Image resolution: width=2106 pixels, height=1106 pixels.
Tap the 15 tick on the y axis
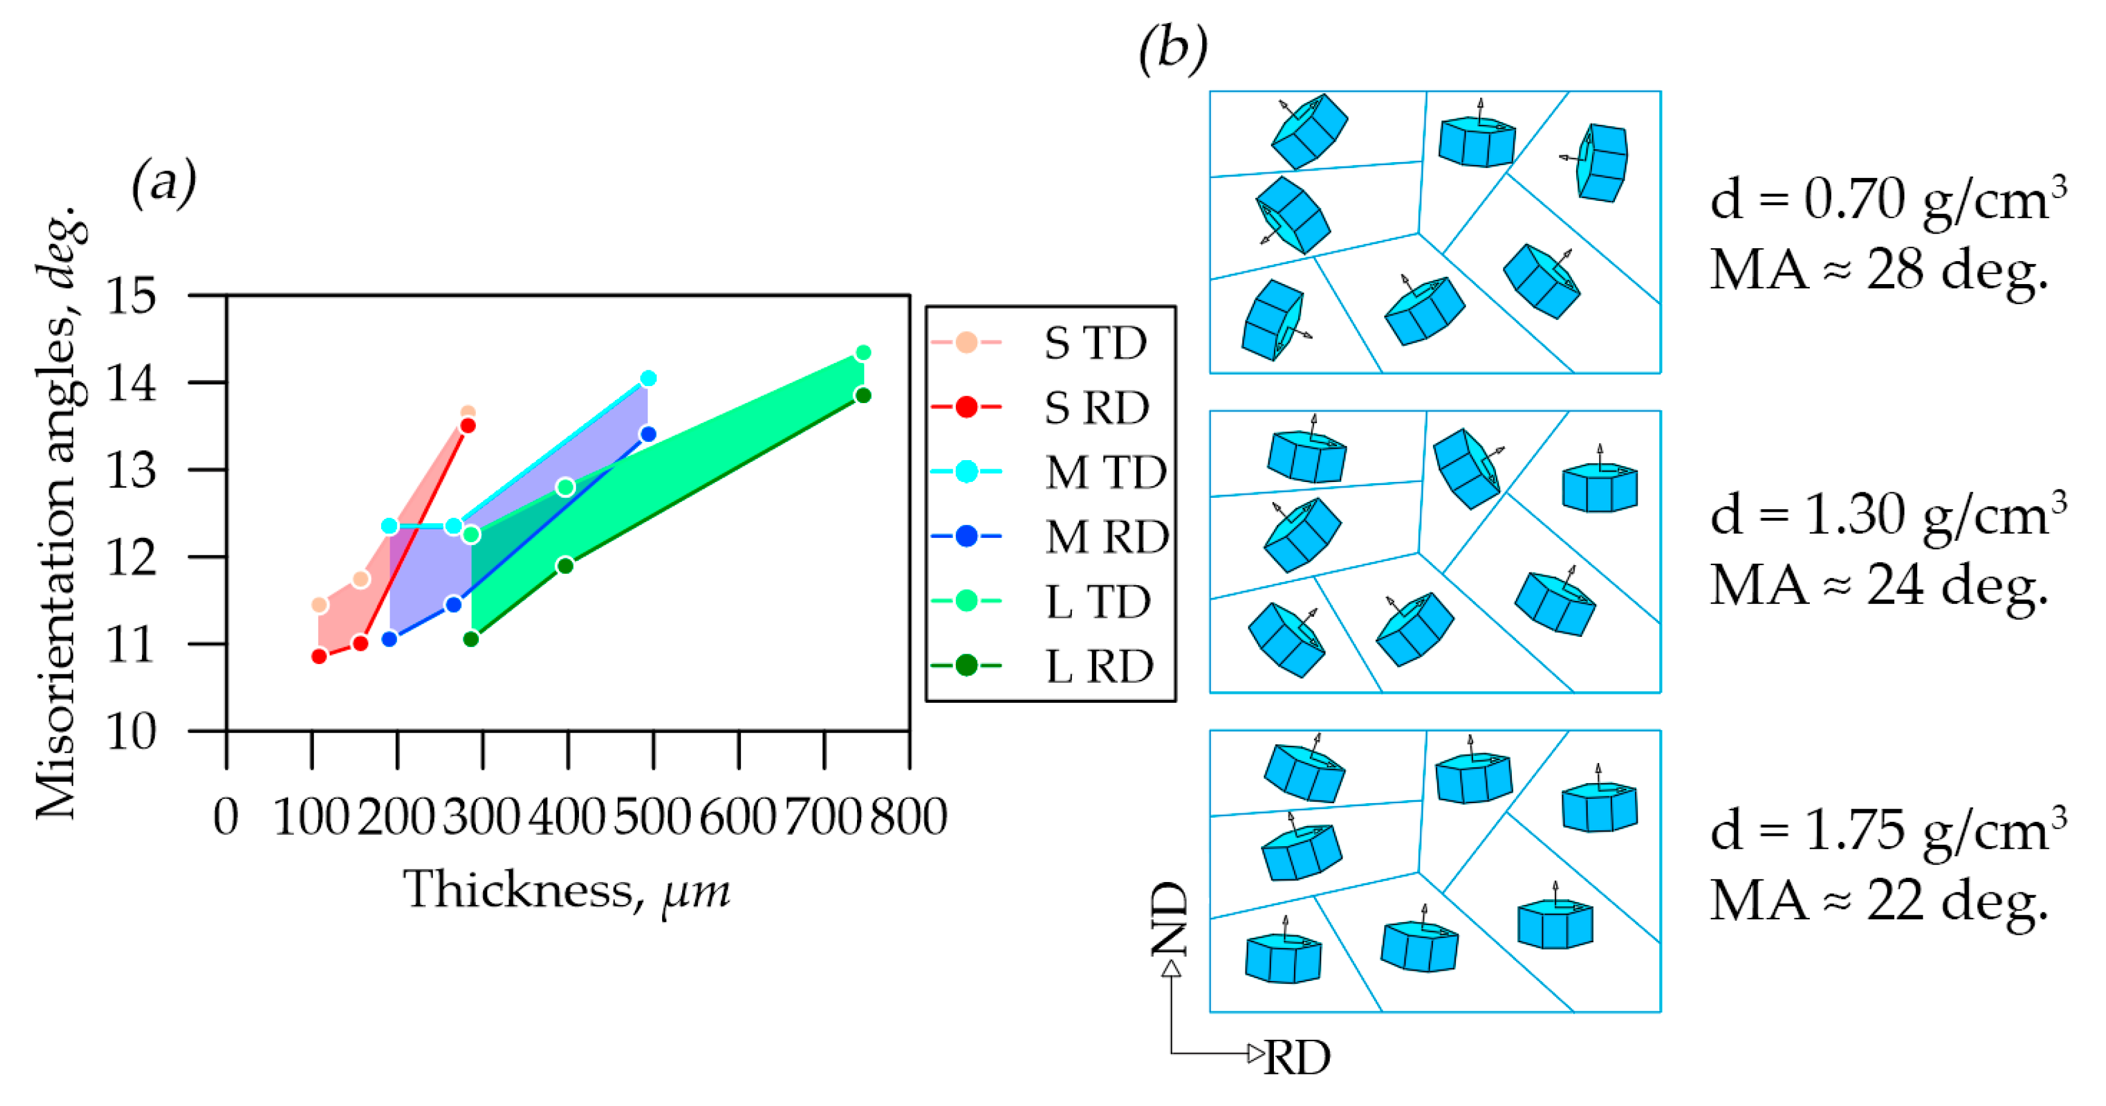click(x=131, y=296)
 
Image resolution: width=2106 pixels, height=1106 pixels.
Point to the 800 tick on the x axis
click(x=909, y=816)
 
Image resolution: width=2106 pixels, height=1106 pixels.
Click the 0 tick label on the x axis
click(x=226, y=816)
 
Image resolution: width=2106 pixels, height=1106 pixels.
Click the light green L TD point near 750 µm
click(x=862, y=353)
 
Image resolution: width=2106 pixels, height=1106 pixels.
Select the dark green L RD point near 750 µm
click(x=862, y=396)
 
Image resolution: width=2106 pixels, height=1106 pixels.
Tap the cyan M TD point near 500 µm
click(x=648, y=378)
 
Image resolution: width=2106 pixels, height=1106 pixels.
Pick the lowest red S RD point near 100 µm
click(x=319, y=656)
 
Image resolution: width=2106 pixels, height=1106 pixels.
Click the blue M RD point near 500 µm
click(x=648, y=434)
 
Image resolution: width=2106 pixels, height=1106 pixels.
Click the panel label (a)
click(x=164, y=182)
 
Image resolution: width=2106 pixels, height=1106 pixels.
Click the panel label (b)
click(x=1173, y=47)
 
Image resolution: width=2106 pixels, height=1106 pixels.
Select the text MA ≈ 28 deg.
click(x=1879, y=270)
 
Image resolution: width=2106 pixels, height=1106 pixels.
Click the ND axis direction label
click(x=1169, y=919)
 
